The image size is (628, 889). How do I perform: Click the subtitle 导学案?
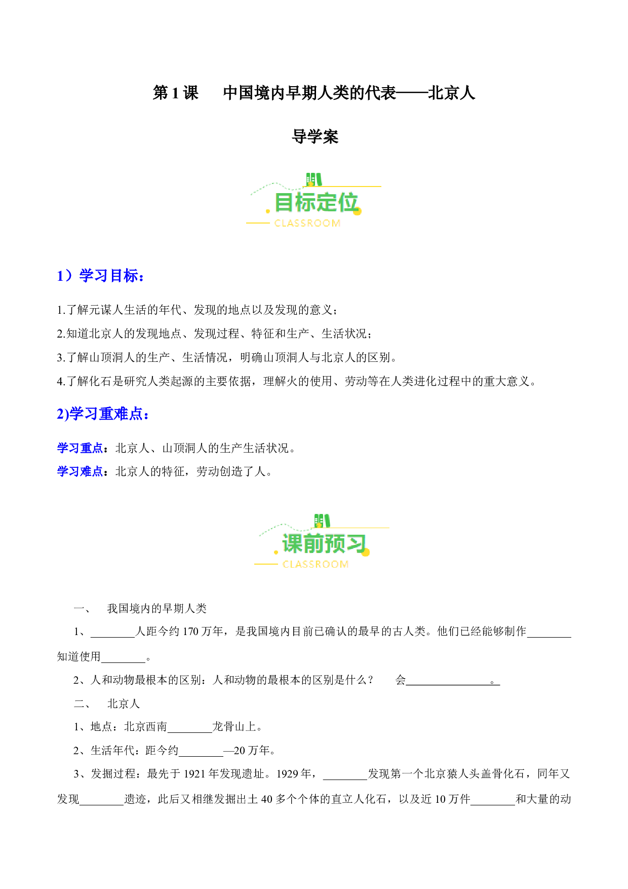tap(315, 137)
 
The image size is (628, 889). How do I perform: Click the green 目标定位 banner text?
tap(317, 203)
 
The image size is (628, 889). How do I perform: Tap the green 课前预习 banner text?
tap(324, 544)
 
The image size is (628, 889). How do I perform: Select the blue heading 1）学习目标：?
tap(101, 276)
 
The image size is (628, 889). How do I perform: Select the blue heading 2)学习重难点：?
tap(103, 414)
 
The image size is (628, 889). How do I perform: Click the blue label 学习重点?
tap(80, 448)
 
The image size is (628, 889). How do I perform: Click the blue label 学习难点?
tap(80, 471)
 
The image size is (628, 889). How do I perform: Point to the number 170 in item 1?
tap(190, 632)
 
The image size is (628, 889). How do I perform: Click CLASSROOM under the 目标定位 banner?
tap(307, 224)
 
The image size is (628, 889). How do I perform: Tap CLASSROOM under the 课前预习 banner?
tap(316, 565)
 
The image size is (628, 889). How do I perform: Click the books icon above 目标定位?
tap(314, 179)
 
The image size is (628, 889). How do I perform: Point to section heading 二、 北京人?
tap(107, 704)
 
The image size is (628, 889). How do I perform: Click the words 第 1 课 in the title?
tap(176, 93)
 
